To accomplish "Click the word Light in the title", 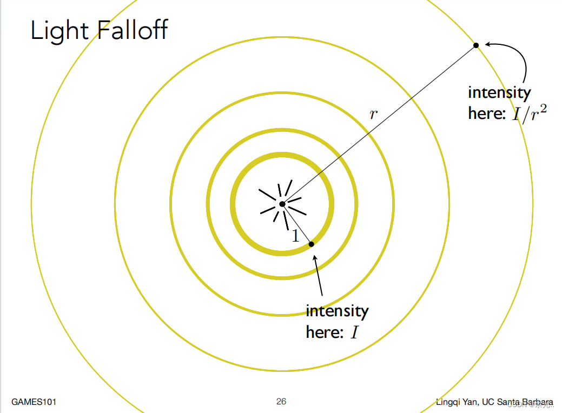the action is (x=58, y=30).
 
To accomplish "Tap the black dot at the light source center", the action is (x=282, y=204).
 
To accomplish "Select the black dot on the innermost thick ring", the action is (x=312, y=244).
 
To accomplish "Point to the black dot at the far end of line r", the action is (x=476, y=45).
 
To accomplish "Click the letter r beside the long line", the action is (x=373, y=114).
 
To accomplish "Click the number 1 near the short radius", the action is (x=295, y=236).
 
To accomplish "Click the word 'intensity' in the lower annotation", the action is (x=337, y=311).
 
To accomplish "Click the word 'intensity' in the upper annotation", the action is (x=499, y=92).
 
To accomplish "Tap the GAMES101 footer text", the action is (x=34, y=402).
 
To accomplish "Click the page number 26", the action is (x=281, y=401).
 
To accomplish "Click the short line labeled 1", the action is (x=297, y=224).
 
